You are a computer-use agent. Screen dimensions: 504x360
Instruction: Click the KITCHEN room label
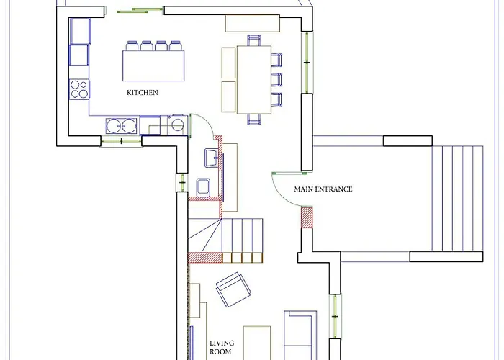pos(143,93)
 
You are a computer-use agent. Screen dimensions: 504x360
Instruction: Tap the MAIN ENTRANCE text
pos(323,189)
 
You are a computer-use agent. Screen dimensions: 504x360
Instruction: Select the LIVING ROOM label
pos(222,347)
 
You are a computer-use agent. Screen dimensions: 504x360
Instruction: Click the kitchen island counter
pos(153,66)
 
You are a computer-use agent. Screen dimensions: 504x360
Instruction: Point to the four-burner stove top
pos(79,89)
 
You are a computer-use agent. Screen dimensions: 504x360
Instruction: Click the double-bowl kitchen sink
pos(121,126)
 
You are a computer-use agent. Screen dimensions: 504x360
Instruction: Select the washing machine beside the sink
pos(177,125)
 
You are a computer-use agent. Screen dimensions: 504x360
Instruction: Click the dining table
pos(254,80)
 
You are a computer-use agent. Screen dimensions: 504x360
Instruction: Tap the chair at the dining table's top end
pos(253,40)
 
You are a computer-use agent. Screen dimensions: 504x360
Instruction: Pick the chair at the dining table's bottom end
pos(253,119)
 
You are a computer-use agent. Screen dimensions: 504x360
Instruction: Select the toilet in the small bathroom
pos(203,187)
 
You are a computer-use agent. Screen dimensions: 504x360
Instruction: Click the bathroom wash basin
pos(211,158)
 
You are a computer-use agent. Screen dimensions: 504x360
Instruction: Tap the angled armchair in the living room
pos(233,289)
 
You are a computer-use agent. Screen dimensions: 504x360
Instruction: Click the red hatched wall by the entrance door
pos(307,217)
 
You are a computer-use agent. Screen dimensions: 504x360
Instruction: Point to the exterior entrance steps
pos(457,198)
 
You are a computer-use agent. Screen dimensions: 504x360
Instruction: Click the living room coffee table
pos(257,343)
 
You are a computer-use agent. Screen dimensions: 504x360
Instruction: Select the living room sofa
pos(300,336)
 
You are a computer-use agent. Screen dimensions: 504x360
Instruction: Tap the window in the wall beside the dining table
pos(307,63)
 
